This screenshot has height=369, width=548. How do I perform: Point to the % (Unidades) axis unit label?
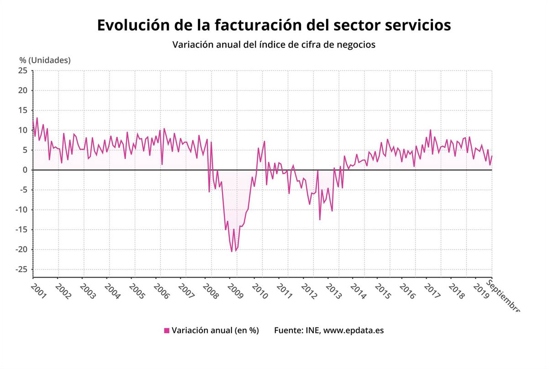(45, 60)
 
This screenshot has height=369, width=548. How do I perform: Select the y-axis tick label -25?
(21, 269)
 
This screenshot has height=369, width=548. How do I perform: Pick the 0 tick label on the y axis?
(25, 170)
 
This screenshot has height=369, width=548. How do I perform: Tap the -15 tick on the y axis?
(21, 230)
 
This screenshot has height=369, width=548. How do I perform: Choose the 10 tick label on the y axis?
(23, 130)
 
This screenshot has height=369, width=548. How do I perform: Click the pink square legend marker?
(167, 331)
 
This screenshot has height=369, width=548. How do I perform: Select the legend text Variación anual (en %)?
(216, 331)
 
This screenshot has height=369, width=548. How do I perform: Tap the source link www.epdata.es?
(353, 331)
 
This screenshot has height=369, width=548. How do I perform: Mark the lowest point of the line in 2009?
(232, 252)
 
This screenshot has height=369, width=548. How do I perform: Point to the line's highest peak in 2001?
(37, 118)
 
